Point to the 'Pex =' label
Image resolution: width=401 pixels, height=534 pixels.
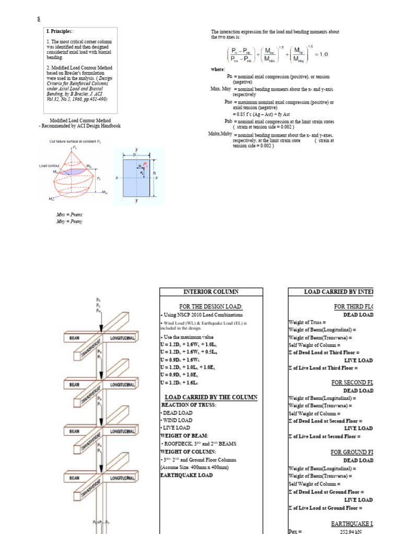[x=295, y=531]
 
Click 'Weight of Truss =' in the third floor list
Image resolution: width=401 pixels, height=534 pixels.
[x=307, y=322]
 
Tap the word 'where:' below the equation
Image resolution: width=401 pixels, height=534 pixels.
[x=218, y=69]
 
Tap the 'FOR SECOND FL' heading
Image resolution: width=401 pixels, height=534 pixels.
[x=352, y=382]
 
